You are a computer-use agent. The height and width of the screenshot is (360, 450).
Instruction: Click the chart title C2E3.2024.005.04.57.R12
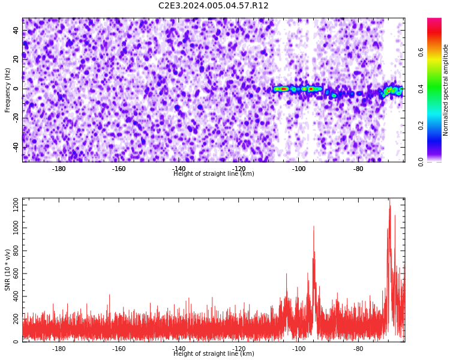pyautogui.click(x=213, y=5)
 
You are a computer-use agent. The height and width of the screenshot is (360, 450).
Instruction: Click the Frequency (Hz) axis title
pyautogui.click(x=7, y=90)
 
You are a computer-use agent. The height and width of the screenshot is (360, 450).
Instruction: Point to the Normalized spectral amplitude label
pyautogui.click(x=445, y=90)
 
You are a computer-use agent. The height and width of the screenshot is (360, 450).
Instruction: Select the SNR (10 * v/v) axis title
pyautogui.click(x=7, y=270)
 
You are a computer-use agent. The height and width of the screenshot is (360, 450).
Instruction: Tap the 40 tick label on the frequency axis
pyautogui.click(x=16, y=31)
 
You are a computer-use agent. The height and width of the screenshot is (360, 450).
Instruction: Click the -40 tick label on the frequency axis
pyautogui.click(x=16, y=147)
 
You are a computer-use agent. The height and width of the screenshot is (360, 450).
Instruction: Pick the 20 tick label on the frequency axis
pyautogui.click(x=16, y=60)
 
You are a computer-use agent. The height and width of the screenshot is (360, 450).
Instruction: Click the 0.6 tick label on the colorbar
pyautogui.click(x=421, y=52)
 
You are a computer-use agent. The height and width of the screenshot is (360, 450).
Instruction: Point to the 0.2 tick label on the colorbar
pyautogui.click(x=421, y=125)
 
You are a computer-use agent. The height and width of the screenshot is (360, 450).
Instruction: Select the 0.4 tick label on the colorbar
pyautogui.click(x=421, y=89)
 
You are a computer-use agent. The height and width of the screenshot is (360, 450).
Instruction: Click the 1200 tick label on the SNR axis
pyautogui.click(x=16, y=205)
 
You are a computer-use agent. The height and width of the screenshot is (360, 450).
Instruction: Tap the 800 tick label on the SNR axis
pyautogui.click(x=16, y=251)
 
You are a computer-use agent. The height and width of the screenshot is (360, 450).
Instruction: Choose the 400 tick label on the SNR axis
pyautogui.click(x=16, y=296)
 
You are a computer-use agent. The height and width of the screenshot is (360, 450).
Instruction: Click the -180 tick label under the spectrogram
pyautogui.click(x=59, y=169)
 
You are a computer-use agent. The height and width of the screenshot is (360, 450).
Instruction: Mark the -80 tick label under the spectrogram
pyautogui.click(x=358, y=169)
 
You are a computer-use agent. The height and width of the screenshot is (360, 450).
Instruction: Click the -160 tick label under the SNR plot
pyautogui.click(x=119, y=349)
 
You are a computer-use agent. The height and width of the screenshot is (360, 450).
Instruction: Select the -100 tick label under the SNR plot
pyautogui.click(x=298, y=349)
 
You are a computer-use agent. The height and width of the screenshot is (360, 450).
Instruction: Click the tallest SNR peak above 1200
pyautogui.click(x=389, y=199)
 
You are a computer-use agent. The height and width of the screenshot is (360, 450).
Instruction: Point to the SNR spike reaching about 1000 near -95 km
pyautogui.click(x=314, y=227)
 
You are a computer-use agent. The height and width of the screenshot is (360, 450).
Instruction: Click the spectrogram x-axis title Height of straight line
pyautogui.click(x=214, y=173)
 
